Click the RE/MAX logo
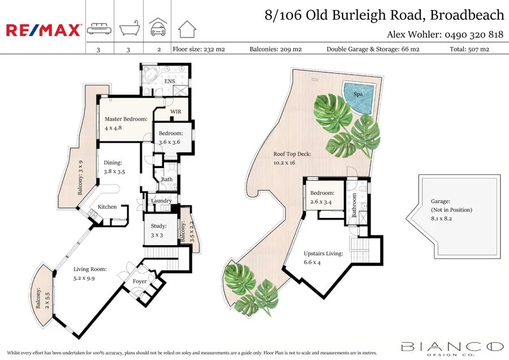tap(44, 30)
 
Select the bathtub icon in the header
tap(128, 28)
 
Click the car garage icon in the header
tap(158, 27)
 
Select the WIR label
tap(175, 112)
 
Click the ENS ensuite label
tap(169, 82)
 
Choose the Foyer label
tap(140, 281)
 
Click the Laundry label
tap(162, 201)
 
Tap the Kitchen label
tap(107, 207)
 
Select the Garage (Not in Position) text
tap(443, 209)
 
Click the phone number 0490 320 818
tap(474, 35)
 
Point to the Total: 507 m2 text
tap(469, 49)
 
